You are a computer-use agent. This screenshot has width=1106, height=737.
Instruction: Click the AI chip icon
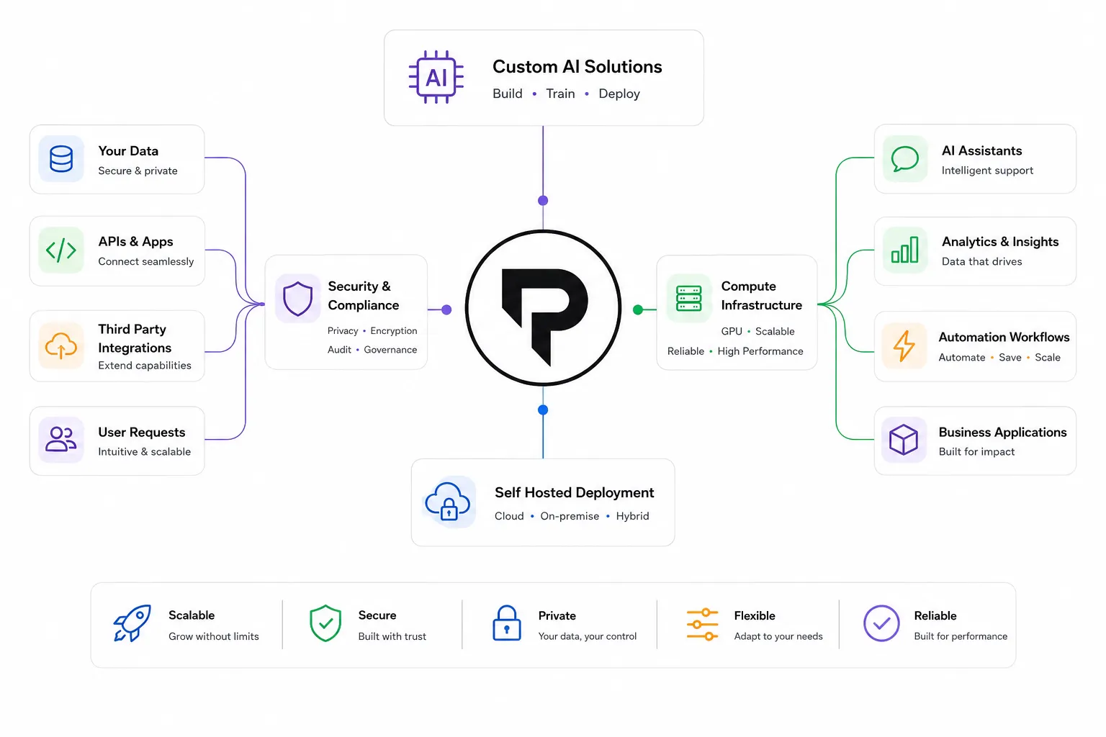click(436, 77)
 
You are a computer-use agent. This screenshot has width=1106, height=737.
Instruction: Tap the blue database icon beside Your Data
click(61, 158)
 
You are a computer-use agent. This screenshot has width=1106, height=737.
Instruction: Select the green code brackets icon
click(60, 250)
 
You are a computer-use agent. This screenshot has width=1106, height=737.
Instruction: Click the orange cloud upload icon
click(60, 345)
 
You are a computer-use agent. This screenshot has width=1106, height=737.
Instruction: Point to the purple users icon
click(60, 439)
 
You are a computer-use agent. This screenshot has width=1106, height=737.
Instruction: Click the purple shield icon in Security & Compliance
click(297, 298)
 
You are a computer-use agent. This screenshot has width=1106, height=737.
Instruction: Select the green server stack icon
click(689, 298)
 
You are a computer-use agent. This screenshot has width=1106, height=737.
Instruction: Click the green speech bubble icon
click(904, 159)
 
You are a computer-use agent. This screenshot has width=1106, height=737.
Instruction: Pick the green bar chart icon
click(904, 250)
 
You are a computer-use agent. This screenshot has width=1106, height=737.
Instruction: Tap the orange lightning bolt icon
click(904, 345)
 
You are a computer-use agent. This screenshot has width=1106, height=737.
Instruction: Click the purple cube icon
click(904, 439)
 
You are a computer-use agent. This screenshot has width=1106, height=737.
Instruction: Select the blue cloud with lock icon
click(448, 502)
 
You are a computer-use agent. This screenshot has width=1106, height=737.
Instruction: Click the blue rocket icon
click(132, 623)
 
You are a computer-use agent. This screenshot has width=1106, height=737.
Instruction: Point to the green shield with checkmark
click(325, 623)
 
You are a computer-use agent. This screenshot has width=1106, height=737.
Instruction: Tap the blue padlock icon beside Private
click(507, 623)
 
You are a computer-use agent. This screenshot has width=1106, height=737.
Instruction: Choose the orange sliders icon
click(702, 625)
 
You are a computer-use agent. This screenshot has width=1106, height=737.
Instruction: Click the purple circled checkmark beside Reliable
click(881, 623)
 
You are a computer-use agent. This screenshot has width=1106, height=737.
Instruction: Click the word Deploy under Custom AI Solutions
click(619, 94)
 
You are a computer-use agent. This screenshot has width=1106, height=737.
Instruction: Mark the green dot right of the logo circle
click(638, 309)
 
